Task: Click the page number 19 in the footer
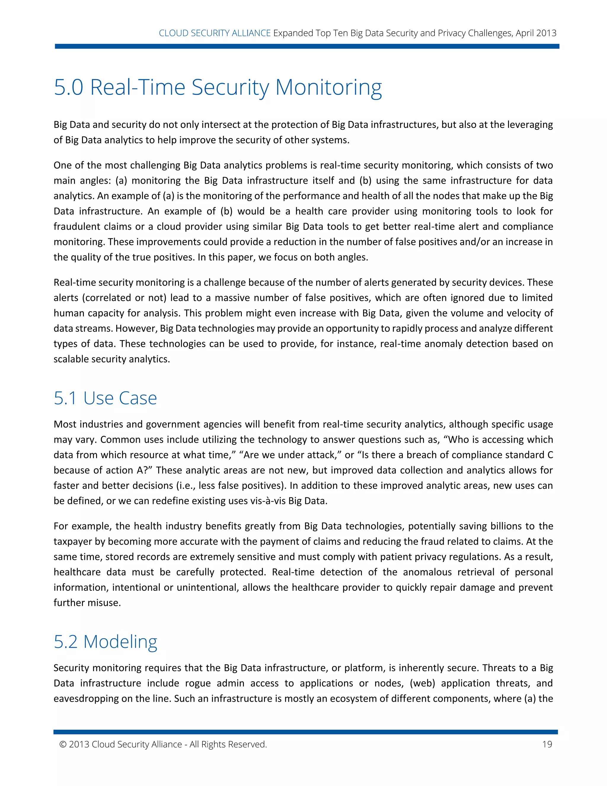(547, 744)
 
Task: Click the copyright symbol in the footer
(63, 744)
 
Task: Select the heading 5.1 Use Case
(105, 398)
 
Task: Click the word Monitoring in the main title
(328, 87)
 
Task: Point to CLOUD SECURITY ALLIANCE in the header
(215, 33)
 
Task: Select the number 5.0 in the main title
(68, 87)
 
